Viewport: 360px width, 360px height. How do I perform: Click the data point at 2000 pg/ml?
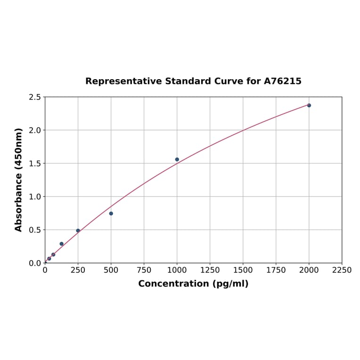(309, 105)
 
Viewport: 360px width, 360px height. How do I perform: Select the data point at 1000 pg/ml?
(177, 159)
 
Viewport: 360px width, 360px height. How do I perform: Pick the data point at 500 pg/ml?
(111, 213)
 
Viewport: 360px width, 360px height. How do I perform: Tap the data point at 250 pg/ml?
(78, 230)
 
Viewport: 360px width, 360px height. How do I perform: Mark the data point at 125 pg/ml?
(61, 244)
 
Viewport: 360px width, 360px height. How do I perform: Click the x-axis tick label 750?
(144, 270)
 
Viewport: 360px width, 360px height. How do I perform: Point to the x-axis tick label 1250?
(210, 270)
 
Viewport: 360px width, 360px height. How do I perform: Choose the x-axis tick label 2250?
(342, 270)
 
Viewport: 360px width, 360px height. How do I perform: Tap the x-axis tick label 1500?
(243, 270)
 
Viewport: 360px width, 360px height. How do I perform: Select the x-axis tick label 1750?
(276, 270)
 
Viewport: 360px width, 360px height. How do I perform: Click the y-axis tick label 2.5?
(35, 97)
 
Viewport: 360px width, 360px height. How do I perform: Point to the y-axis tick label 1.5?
(35, 164)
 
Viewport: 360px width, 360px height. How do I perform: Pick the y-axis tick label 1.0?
(35, 196)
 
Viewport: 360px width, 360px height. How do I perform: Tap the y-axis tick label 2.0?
(35, 130)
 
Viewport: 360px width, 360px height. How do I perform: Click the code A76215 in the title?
(282, 81)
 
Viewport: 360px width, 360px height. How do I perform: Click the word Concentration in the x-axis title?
(173, 284)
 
